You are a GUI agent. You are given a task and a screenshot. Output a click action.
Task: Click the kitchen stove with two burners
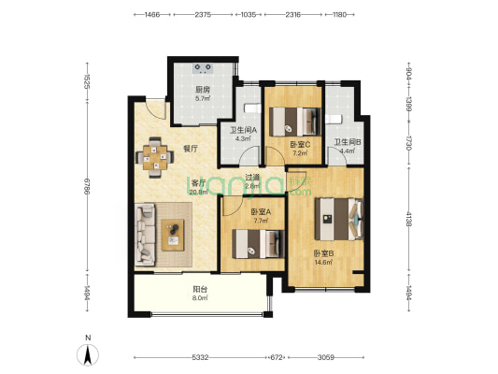(203, 68)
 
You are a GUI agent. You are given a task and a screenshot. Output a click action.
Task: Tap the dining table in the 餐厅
(155, 157)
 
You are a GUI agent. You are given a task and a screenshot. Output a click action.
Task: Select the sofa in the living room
(145, 235)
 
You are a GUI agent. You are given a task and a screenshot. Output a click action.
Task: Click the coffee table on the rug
(173, 235)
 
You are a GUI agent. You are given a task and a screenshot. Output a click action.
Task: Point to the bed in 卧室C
(295, 122)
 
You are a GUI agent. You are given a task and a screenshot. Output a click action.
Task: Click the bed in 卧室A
(258, 244)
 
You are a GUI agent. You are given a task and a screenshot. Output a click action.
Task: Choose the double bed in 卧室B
(339, 219)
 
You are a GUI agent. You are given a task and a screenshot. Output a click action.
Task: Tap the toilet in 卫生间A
(251, 108)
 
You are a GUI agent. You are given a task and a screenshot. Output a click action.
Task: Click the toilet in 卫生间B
(334, 119)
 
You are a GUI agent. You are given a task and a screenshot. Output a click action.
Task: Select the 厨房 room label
(203, 90)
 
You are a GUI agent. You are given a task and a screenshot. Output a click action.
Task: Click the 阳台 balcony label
(200, 290)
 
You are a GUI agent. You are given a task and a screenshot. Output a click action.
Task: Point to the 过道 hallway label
(253, 178)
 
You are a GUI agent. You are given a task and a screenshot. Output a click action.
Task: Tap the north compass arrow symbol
(88, 354)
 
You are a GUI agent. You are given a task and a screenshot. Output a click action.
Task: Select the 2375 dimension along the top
(203, 15)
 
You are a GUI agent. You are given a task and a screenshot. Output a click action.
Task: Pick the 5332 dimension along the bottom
(200, 358)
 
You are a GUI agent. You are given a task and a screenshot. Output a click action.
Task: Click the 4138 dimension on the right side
(408, 219)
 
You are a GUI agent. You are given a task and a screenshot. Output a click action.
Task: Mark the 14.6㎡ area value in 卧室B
(323, 263)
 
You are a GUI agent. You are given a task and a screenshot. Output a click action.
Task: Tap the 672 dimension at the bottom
(277, 358)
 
